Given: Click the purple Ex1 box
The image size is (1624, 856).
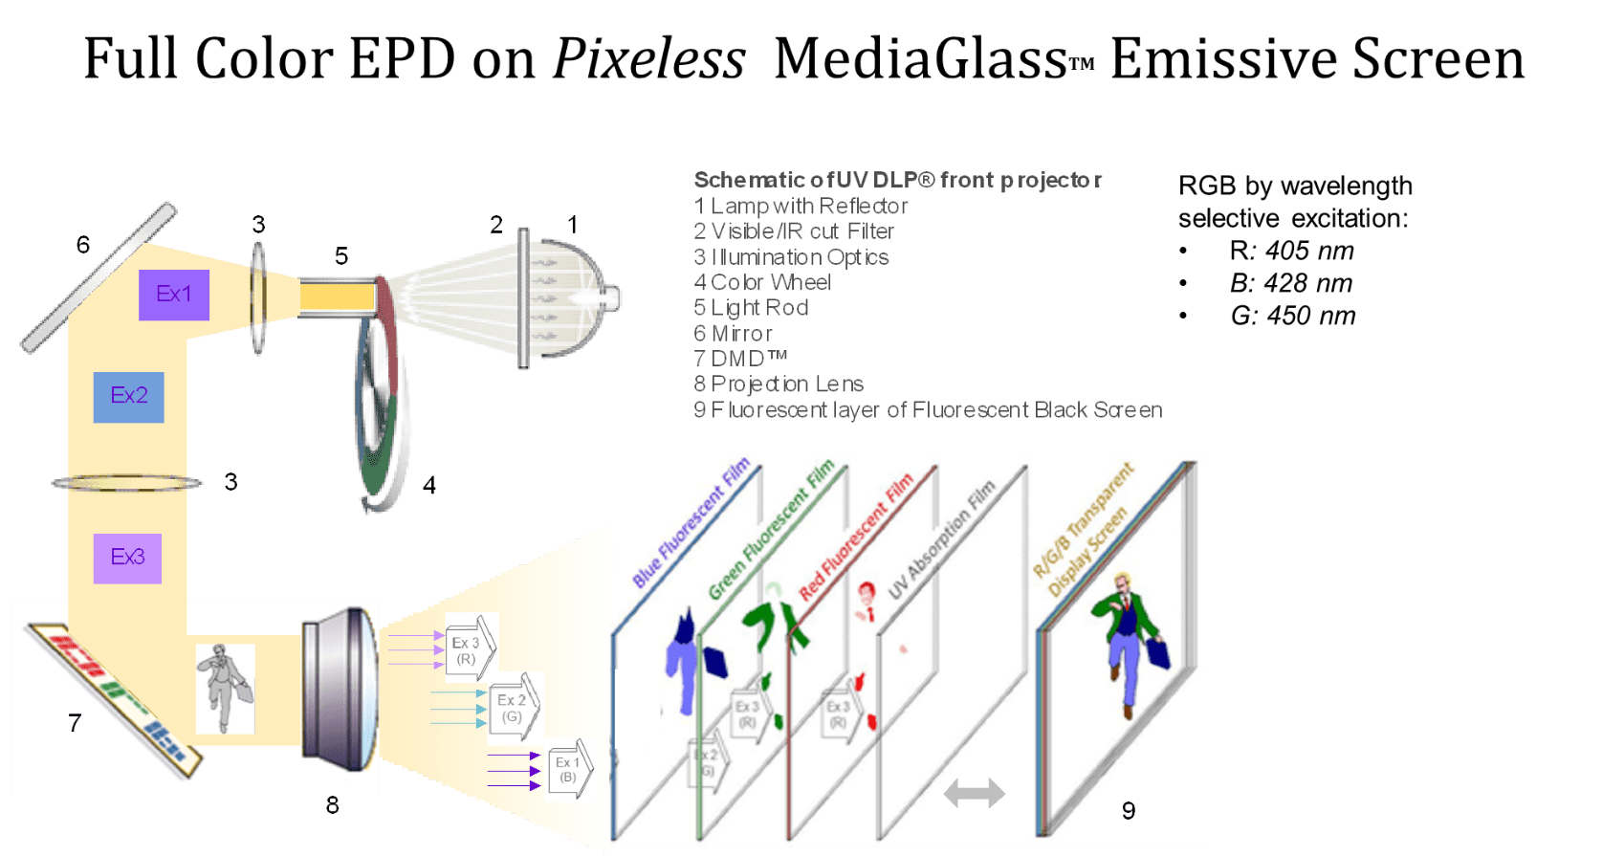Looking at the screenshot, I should pyautogui.click(x=173, y=295).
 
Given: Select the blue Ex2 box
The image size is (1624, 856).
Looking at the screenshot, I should pyautogui.click(x=128, y=397).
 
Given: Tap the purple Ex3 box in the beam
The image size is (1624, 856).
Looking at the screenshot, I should pyautogui.click(x=127, y=558).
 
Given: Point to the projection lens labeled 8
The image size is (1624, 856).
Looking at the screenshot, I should pyautogui.click(x=340, y=689).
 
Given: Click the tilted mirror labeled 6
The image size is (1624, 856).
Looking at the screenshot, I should pyautogui.click(x=99, y=277).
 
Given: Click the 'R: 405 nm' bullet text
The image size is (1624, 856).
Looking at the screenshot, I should pyautogui.click(x=1291, y=252).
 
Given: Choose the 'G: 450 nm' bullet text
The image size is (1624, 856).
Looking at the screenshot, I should pyautogui.click(x=1292, y=317).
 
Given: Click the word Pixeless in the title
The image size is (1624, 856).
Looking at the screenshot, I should pyautogui.click(x=648, y=59).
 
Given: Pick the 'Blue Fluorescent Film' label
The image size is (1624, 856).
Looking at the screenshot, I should pyautogui.click(x=691, y=524).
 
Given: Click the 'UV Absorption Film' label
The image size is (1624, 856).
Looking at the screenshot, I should pyautogui.click(x=942, y=539).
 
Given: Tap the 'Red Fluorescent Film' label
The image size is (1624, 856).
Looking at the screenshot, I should pyautogui.click(x=856, y=538).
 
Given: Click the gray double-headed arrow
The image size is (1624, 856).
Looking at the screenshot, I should pyautogui.click(x=974, y=792).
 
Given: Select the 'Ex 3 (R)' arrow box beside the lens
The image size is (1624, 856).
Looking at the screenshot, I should pyautogui.click(x=470, y=647).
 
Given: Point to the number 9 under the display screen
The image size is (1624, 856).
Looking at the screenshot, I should pyautogui.click(x=1129, y=811).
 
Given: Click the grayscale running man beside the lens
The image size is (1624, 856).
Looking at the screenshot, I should pyautogui.click(x=225, y=689).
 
